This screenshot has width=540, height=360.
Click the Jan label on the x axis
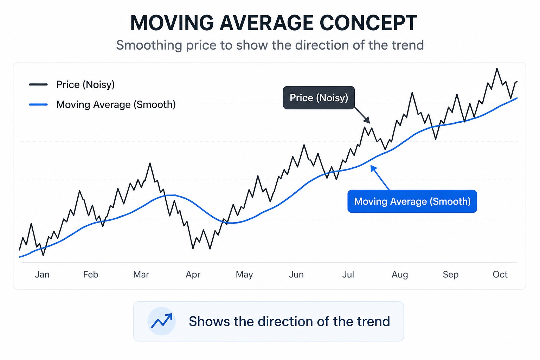pos(42,275)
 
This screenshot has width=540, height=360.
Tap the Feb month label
pos(91,275)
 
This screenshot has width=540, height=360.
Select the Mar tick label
pos(141,275)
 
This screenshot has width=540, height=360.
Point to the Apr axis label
pos(193,275)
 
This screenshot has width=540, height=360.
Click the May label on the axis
pos(244,275)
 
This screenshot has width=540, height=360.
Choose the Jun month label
pos(296,275)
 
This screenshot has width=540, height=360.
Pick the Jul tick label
pos(348,275)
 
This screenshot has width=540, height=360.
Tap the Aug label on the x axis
pos(400,275)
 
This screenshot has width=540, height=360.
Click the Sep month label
pos(451,275)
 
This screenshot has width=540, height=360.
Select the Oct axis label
pos(500,275)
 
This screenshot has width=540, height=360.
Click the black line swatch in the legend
pos(38,84)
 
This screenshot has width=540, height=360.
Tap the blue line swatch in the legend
pos(38,104)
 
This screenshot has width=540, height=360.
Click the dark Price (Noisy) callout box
pos(319,98)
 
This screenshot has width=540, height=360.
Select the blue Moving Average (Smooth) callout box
pos(412,201)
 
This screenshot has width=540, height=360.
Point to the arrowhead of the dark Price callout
pos(367,121)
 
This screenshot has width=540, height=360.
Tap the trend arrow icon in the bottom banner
pos(161,321)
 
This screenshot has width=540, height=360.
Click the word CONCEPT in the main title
pos(368,23)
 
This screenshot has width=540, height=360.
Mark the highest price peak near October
pos(497,69)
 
